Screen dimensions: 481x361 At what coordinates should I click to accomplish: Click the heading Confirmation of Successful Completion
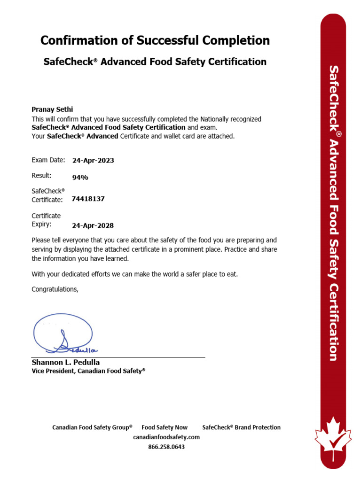pos(155,40)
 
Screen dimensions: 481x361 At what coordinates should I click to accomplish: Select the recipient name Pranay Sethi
pos(52,109)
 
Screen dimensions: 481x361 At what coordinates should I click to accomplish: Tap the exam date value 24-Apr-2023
pos(93,160)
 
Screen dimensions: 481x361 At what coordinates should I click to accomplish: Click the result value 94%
pos(80,177)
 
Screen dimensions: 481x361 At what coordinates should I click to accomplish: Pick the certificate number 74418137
pos(88,199)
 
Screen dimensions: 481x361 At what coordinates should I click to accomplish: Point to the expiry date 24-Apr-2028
pos(93,225)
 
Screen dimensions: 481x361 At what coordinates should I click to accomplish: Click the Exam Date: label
pos(48,160)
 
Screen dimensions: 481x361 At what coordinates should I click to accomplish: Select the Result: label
pos(41,175)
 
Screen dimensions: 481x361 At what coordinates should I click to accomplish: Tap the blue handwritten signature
pos(63,334)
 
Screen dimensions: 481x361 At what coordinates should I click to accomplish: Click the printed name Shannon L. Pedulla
pos(65,362)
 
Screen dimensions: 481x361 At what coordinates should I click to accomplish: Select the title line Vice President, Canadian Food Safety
pos(88,371)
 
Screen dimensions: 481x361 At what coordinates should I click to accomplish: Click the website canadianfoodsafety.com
pos(166,437)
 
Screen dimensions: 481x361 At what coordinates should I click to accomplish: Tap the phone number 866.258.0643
pos(166,447)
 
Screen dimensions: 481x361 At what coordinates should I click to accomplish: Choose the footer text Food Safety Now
pos(165,427)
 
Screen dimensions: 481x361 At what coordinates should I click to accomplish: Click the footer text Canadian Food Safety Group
pos(92,427)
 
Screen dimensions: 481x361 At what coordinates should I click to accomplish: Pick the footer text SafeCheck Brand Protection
pos(241,427)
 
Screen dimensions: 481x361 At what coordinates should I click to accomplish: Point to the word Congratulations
pos(55,289)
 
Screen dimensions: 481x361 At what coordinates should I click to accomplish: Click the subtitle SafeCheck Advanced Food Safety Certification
pos(155,62)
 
